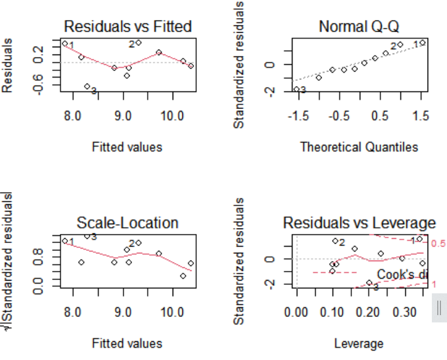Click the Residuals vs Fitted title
128,27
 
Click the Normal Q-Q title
359,27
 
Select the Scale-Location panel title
128,223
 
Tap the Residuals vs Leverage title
359,223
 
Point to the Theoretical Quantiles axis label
359,147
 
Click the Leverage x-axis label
359,344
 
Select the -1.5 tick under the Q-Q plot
297,115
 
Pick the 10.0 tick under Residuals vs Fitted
173,115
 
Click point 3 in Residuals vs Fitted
87,87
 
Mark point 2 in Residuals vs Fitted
138,42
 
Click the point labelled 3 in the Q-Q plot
296,89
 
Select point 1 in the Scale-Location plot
65,241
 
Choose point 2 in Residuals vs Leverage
335,241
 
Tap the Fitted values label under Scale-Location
127,344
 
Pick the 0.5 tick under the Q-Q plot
380,115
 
